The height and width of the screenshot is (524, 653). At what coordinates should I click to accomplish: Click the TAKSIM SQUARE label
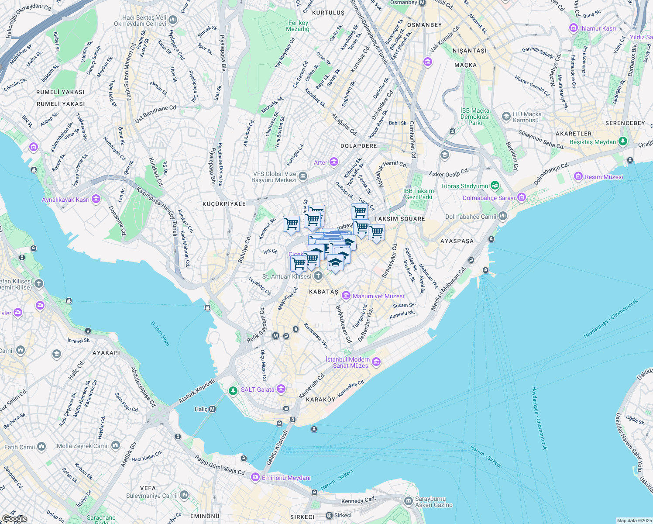399,219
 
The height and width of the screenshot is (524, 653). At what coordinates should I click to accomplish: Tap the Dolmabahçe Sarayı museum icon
521,197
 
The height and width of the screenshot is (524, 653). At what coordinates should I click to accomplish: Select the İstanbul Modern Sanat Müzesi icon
377,362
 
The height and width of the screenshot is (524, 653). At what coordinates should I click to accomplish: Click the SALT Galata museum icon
281,389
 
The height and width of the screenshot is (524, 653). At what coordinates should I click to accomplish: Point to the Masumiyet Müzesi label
378,296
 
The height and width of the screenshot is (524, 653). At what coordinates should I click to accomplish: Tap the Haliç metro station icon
212,409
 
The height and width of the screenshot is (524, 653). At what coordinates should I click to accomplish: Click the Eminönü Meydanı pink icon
255,478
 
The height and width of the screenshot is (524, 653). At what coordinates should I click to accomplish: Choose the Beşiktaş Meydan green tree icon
623,141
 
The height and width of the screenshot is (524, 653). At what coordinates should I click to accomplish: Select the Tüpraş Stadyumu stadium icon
495,186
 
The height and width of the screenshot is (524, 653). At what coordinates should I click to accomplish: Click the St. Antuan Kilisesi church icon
318,276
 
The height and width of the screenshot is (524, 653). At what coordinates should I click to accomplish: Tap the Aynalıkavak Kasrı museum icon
96,200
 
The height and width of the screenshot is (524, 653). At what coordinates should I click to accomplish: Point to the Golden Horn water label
160,334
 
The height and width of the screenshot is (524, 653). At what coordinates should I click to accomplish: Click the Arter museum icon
334,162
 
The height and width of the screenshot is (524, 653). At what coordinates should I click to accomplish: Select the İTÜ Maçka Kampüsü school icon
506,117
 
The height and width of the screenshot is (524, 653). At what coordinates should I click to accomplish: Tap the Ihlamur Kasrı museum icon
574,28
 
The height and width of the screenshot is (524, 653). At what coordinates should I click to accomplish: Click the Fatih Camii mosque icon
41,447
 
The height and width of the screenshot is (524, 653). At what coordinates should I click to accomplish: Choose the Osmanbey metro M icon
422,3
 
